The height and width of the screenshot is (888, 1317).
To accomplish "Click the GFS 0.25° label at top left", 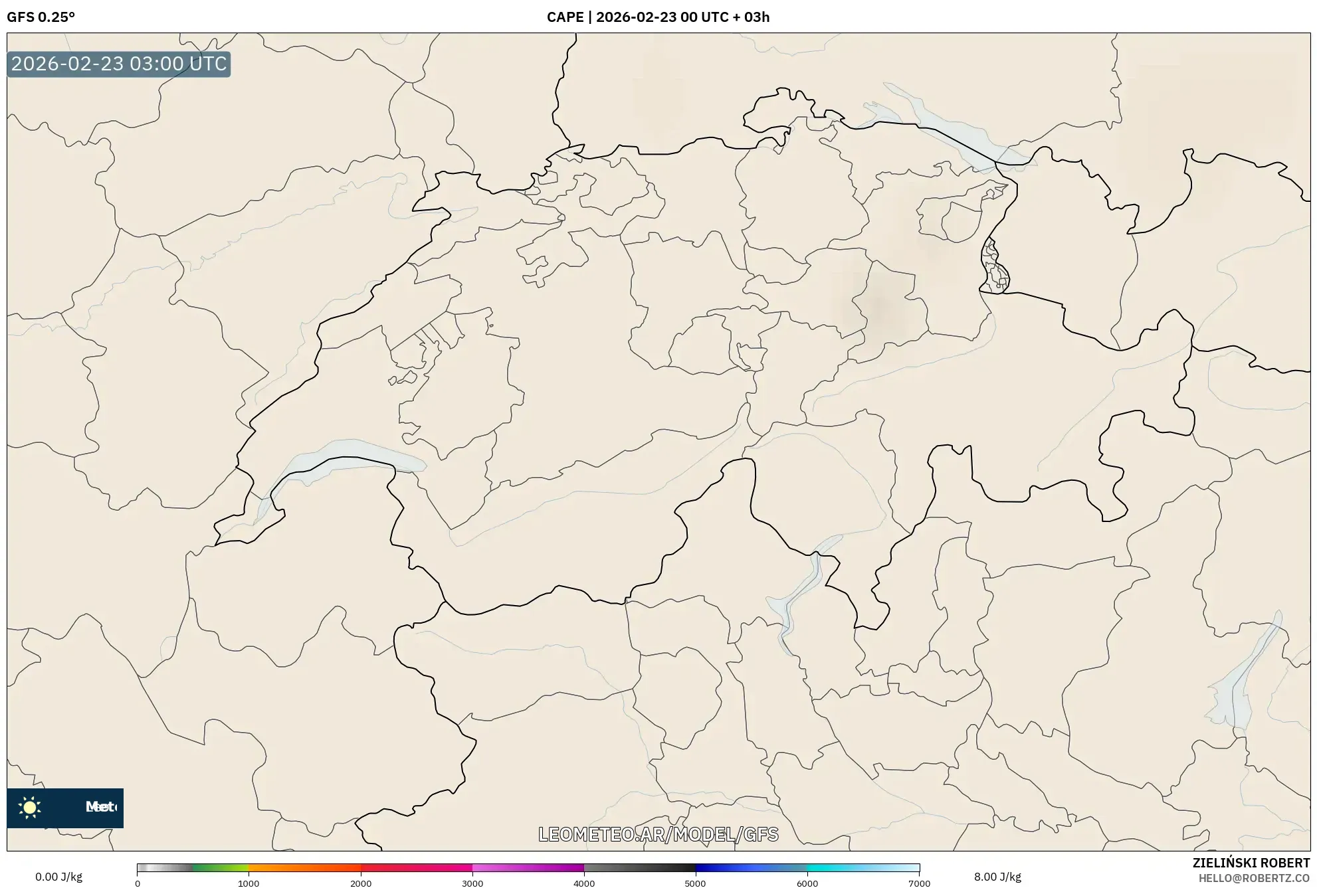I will tap(41, 17).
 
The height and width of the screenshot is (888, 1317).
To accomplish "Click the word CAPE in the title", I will tap(565, 17).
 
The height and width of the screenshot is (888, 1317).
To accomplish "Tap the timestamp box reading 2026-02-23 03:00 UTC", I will tap(119, 64).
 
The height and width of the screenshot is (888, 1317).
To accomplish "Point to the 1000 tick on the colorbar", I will tap(249, 883).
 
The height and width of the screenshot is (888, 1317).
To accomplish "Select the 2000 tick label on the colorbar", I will tap(361, 883).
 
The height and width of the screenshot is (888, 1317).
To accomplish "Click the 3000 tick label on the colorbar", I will tap(472, 883).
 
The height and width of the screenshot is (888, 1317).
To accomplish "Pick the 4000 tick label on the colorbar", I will tap(584, 883).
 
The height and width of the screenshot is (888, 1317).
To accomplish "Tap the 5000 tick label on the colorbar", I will tap(696, 883).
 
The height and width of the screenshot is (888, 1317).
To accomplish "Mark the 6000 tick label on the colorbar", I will tap(807, 883).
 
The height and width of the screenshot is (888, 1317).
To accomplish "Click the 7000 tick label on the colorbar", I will tap(919, 883).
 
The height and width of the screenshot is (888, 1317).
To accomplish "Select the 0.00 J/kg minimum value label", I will tap(58, 877).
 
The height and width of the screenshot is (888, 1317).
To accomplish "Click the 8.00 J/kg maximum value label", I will tap(997, 877).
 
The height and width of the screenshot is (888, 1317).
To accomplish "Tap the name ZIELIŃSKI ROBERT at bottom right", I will tap(1251, 863).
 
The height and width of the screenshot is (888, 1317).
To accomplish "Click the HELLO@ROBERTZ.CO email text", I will tap(1254, 878).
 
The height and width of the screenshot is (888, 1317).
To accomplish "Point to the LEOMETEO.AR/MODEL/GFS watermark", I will tap(658, 834).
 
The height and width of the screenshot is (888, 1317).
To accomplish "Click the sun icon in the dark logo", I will tap(30, 807).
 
